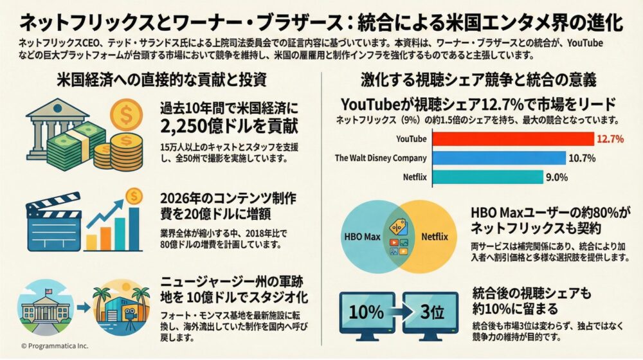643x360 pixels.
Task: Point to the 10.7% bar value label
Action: tap(581, 158)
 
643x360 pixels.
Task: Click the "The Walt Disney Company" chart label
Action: tap(381, 158)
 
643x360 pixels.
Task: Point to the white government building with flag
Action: tap(47, 310)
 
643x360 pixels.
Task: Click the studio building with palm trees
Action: tap(117, 310)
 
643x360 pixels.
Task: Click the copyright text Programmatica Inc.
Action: tap(54, 346)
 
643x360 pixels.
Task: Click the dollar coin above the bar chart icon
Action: tap(133, 195)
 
